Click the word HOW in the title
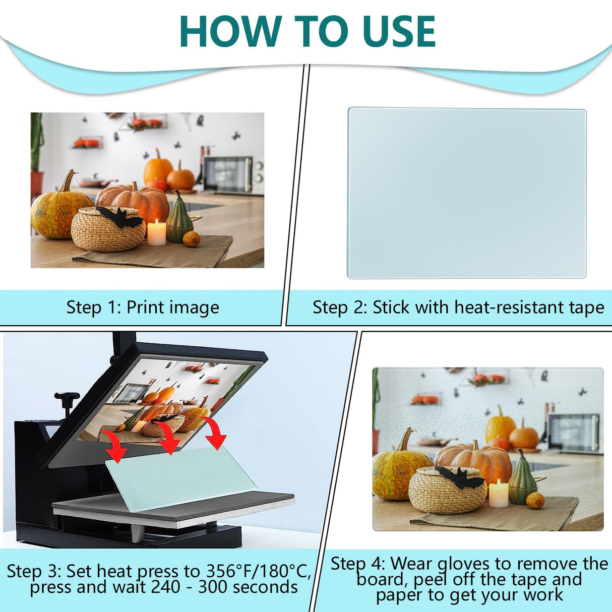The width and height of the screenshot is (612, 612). [x=230, y=31]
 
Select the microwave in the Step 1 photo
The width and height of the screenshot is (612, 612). [x=233, y=174]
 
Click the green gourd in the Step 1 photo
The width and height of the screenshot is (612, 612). [x=179, y=217]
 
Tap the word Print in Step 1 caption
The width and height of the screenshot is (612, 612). [x=145, y=308]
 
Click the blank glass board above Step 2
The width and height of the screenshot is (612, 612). [x=467, y=193]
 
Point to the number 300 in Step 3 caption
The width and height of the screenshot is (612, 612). [x=215, y=587]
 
